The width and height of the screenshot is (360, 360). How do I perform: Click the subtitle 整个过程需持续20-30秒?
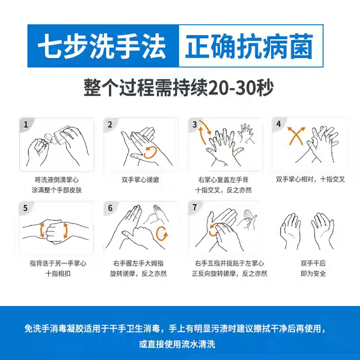[x=179, y=87]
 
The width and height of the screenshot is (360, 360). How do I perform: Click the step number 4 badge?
[x=279, y=124]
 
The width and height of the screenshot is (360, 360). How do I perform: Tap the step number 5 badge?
[x=26, y=208]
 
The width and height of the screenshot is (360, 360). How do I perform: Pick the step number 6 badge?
[x=110, y=208]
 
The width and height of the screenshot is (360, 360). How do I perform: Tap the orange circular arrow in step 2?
[x=150, y=152]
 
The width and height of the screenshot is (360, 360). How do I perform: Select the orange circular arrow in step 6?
[x=161, y=233]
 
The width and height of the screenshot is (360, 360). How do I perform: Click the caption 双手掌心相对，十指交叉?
[x=310, y=179]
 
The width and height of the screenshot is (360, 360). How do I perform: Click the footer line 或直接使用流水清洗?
[x=177, y=345]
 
